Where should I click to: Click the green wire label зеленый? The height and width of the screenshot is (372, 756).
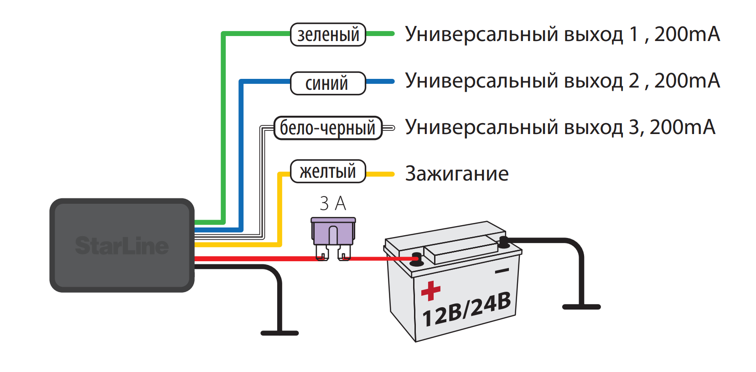tap(328, 35)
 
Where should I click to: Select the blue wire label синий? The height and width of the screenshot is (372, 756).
tap(327, 83)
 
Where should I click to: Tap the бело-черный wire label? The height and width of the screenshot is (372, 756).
tap(328, 128)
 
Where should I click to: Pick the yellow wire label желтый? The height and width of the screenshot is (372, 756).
tap(328, 171)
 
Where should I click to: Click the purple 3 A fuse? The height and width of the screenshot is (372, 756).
tap(333, 232)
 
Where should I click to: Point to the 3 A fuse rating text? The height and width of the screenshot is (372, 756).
tap(333, 203)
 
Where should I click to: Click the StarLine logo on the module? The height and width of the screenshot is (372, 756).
tap(122, 246)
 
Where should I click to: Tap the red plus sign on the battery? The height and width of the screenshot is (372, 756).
tap(430, 290)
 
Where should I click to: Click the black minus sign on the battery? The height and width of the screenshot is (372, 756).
tap(502, 271)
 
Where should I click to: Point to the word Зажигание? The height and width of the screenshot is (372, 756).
tap(456, 174)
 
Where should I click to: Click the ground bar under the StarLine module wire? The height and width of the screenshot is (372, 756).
tap(280, 333)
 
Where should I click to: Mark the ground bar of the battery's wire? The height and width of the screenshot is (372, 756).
tap(581, 307)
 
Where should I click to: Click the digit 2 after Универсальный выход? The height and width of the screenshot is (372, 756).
tap(634, 81)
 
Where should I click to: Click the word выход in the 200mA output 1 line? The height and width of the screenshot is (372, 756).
tap(593, 35)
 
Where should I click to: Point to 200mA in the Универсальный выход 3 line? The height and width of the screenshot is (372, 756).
tap(682, 127)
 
